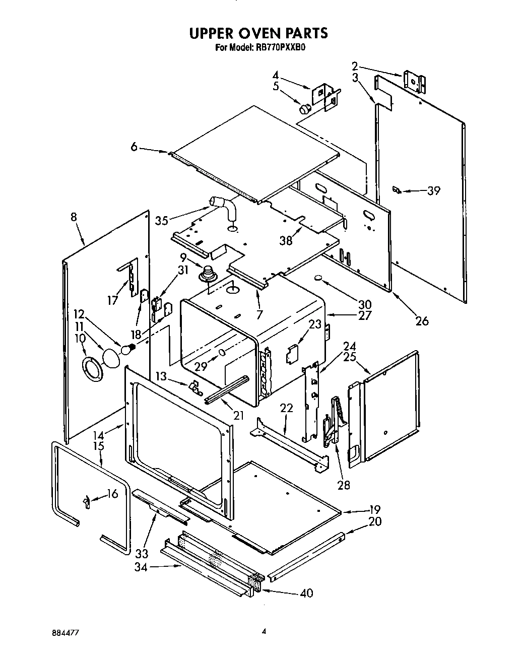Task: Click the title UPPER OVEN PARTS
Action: pyautogui.click(x=258, y=33)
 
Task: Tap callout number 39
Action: pyautogui.click(x=433, y=190)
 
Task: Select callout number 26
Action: pyautogui.click(x=422, y=320)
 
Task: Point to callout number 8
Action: pyautogui.click(x=74, y=217)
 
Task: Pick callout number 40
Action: pyautogui.click(x=306, y=593)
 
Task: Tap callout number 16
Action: pyautogui.click(x=112, y=494)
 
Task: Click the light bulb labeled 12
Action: pyautogui.click(x=128, y=348)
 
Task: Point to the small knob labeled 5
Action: pyautogui.click(x=305, y=108)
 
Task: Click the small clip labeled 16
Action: pyautogui.click(x=86, y=502)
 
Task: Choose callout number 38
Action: pyautogui.click(x=286, y=240)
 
